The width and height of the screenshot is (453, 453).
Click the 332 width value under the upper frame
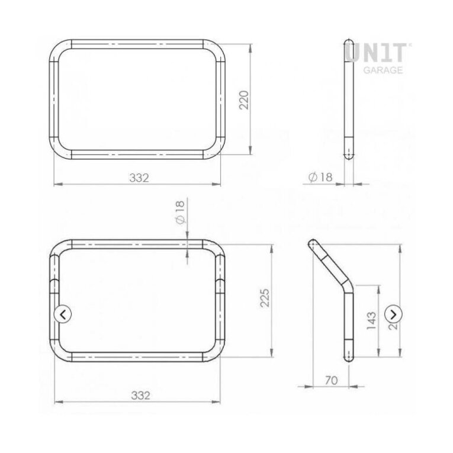pos(137,177)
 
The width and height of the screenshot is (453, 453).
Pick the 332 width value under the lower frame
pos(137,395)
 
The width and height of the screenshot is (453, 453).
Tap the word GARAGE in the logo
pos(383,70)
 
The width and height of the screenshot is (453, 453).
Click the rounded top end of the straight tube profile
pos(349,45)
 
